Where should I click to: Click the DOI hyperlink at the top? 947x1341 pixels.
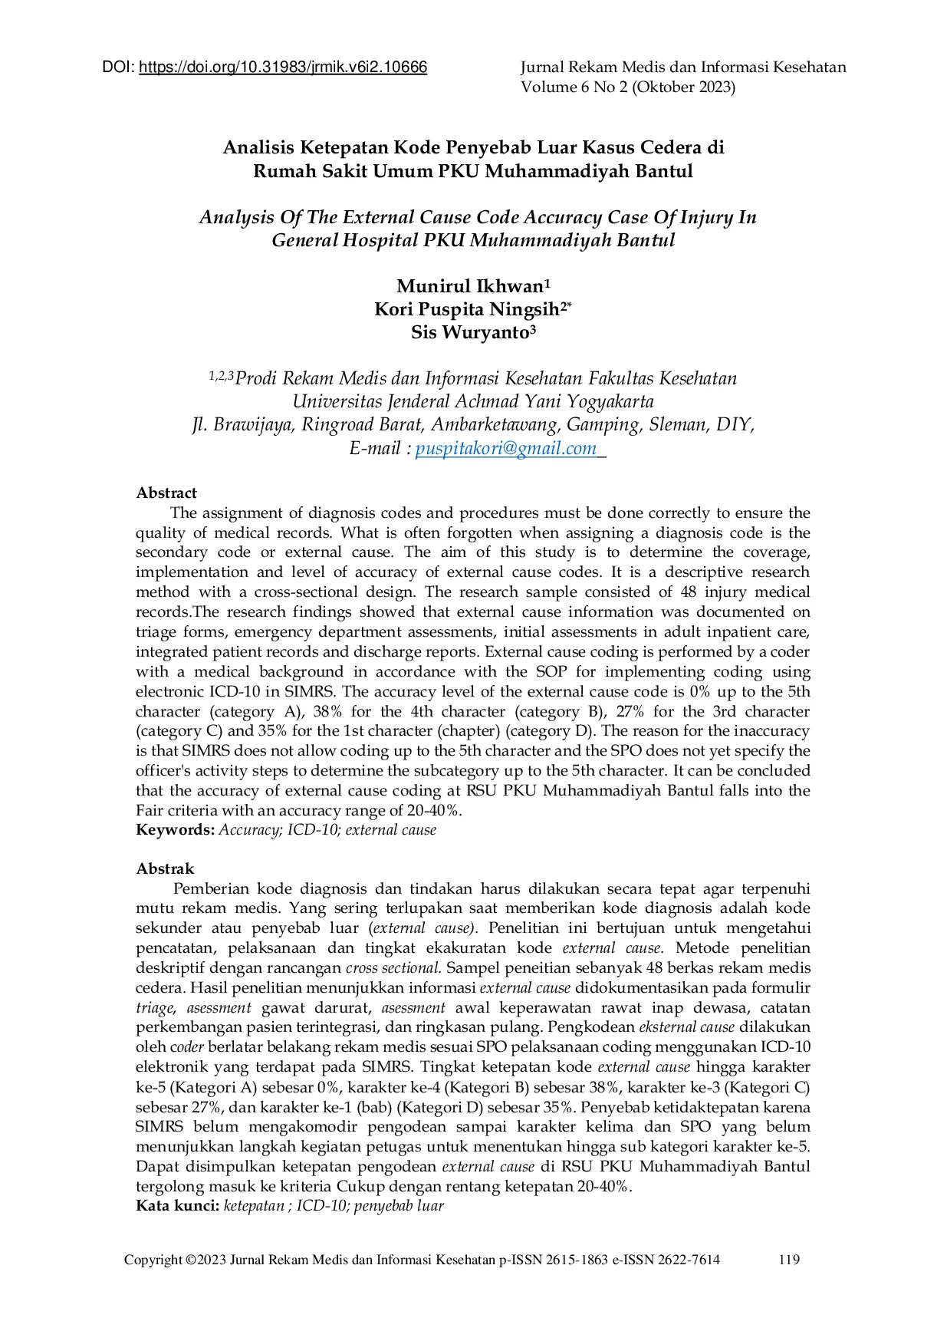[282, 68]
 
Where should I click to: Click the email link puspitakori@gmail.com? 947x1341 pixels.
[505, 449]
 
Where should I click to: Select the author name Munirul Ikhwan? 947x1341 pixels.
[469, 287]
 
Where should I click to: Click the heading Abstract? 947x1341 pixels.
[166, 493]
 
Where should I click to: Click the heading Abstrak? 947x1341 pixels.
[165, 869]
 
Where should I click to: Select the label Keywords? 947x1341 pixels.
[175, 830]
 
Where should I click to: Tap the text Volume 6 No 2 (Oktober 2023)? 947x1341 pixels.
[627, 87]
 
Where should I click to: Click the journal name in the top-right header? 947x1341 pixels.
[682, 68]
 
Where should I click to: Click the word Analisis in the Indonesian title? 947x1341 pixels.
[258, 147]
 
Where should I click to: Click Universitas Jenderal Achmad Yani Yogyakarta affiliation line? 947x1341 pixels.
[473, 402]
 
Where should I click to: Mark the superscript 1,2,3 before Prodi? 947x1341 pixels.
[221, 376]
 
